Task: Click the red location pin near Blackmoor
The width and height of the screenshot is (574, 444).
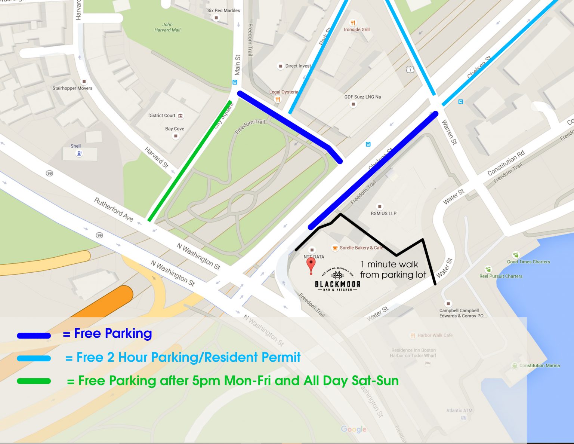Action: (311, 265)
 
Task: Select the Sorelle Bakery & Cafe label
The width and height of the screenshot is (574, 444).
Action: (361, 248)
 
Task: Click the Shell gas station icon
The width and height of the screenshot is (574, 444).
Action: (79, 153)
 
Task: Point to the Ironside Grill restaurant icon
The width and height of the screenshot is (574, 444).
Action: (352, 23)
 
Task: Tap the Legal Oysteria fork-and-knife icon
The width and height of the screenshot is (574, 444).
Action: (277, 99)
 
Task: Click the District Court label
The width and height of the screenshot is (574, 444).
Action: (161, 116)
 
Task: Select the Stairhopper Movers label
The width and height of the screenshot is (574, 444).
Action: (72, 88)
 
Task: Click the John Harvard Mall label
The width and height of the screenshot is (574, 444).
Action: (167, 27)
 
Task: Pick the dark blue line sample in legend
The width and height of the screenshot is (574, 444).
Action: (34, 336)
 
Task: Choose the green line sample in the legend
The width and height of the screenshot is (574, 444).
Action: (34, 381)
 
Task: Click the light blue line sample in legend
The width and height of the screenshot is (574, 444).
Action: (34, 358)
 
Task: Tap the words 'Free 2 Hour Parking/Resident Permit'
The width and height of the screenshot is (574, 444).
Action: (188, 357)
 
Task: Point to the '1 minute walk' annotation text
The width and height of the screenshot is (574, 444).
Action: (389, 264)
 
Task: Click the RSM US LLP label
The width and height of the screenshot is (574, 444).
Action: (383, 213)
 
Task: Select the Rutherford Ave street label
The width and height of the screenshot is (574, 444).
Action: (113, 209)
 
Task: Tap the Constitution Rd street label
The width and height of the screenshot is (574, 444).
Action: (506, 163)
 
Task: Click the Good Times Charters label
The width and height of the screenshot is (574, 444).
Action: (528, 262)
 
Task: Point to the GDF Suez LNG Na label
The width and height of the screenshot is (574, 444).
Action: (362, 97)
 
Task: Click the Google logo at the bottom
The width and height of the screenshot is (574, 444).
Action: (354, 429)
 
